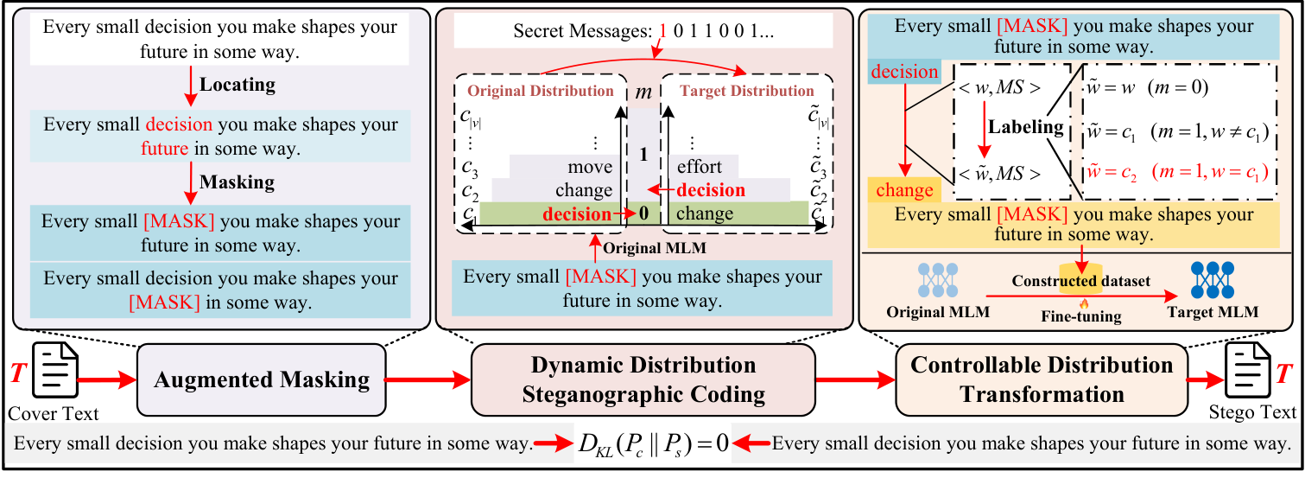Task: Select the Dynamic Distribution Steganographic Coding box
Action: (x=643, y=379)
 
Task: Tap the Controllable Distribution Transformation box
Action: (x=1042, y=379)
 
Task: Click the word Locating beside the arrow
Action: (x=238, y=85)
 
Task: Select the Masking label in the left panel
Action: (x=237, y=182)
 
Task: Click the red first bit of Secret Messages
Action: (x=662, y=31)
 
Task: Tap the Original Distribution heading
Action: (x=541, y=91)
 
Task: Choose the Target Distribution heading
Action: (x=745, y=91)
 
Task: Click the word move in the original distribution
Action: (x=590, y=167)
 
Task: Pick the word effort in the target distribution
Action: (x=700, y=167)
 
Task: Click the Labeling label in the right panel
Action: (x=1027, y=127)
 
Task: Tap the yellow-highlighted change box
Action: (x=904, y=190)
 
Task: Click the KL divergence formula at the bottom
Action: (x=653, y=445)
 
